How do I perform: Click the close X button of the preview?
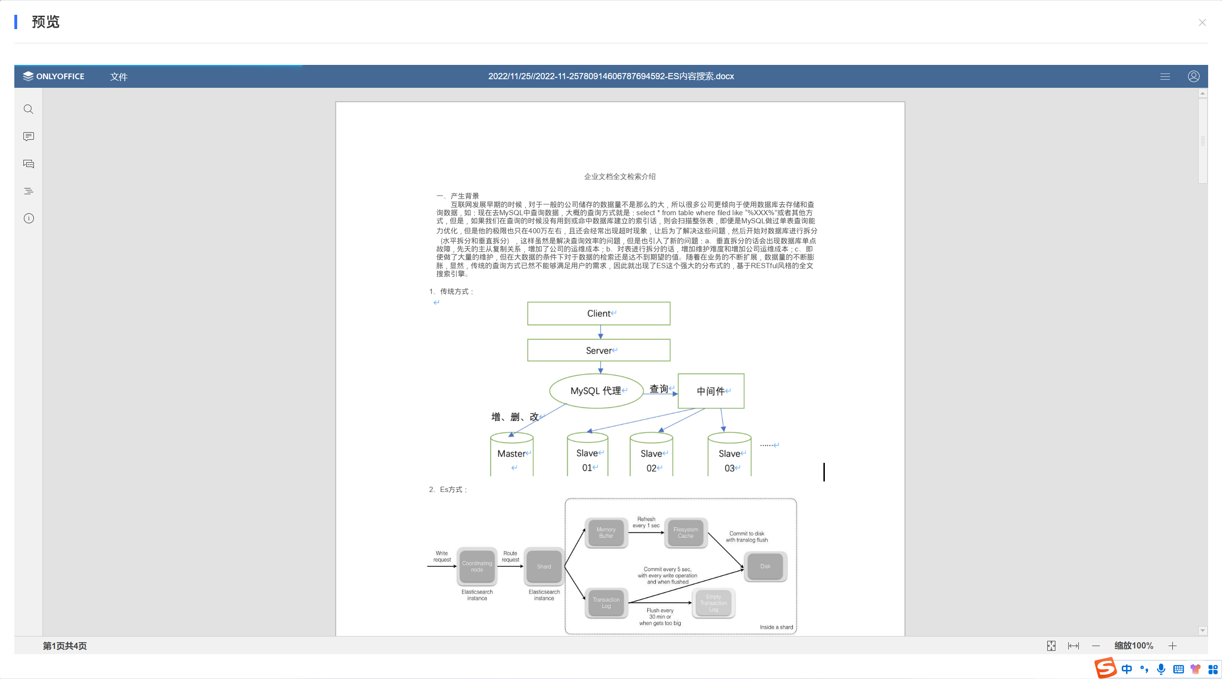[1202, 22]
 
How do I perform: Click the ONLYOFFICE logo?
[53, 76]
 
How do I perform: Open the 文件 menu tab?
[118, 77]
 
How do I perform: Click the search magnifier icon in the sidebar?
[29, 109]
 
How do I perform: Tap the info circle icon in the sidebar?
[29, 219]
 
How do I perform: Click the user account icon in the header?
[1193, 76]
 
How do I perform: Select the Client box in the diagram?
[599, 313]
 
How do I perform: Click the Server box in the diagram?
[599, 351]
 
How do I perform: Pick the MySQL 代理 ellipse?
[596, 391]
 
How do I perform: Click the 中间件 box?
[711, 391]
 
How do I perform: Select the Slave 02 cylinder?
[651, 455]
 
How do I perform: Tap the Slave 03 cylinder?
[729, 455]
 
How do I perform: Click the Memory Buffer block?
[606, 533]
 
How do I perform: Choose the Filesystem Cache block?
[685, 533]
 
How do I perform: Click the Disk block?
[765, 566]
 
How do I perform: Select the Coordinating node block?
[477, 566]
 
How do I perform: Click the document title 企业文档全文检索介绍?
[620, 177]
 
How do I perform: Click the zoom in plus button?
[1172, 646]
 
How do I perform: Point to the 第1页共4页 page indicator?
[65, 646]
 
